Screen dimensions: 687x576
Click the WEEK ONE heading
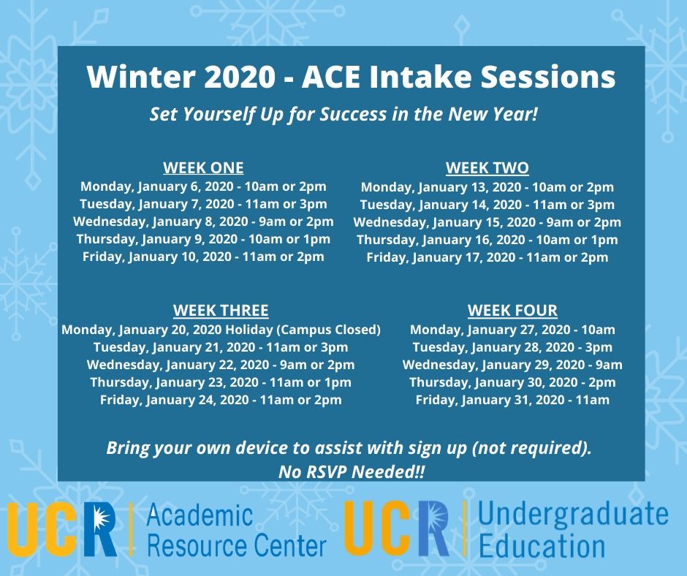(x=203, y=168)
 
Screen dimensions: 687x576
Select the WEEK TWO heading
(x=487, y=168)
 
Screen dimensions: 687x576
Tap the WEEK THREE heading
(x=221, y=311)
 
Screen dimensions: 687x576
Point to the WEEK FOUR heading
(x=512, y=311)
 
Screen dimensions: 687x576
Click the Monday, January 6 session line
(x=203, y=186)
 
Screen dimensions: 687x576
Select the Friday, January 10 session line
(x=203, y=257)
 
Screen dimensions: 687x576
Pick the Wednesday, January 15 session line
(x=487, y=223)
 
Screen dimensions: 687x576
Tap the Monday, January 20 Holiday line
(x=221, y=330)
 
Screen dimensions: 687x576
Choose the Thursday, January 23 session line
(x=221, y=382)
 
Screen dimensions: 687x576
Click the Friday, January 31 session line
(x=512, y=400)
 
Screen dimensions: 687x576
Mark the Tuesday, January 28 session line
(x=512, y=347)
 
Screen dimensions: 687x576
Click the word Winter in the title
(x=140, y=77)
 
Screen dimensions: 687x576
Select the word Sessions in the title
(x=548, y=77)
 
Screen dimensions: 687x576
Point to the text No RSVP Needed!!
(x=352, y=472)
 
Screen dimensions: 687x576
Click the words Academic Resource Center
(x=237, y=531)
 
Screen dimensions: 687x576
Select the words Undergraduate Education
(x=573, y=531)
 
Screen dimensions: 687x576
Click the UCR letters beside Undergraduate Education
(x=397, y=528)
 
